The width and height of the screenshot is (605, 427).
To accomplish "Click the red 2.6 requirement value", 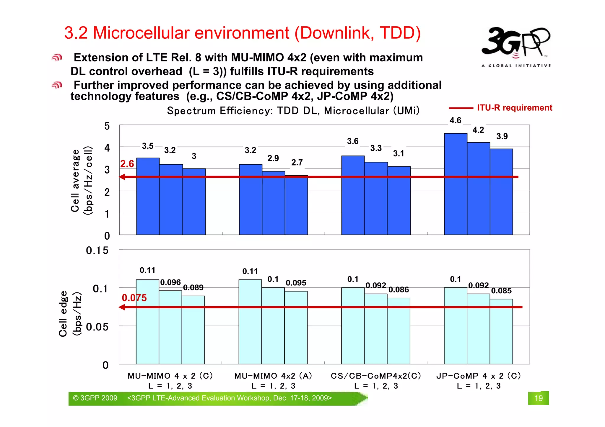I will pyautogui.click(x=127, y=164).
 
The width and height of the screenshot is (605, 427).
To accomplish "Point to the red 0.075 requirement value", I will pyautogui.click(x=134, y=298).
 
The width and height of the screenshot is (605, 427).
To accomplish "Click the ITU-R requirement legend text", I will pyautogui.click(x=514, y=108).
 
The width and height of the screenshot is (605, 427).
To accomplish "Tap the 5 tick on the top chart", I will pyautogui.click(x=107, y=126).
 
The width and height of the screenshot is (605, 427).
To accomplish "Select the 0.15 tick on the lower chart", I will pyautogui.click(x=97, y=251).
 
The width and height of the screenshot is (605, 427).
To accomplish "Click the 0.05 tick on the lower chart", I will pyautogui.click(x=97, y=327).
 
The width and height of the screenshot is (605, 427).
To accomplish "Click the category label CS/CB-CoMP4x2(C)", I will pyautogui.click(x=376, y=376).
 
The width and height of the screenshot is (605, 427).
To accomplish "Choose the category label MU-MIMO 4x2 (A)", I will pyautogui.click(x=273, y=376).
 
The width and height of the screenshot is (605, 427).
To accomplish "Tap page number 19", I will pyautogui.click(x=538, y=398).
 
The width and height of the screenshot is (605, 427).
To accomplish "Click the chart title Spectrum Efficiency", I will pyautogui.click(x=293, y=111).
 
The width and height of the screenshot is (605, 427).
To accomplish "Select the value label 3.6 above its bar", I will pyautogui.click(x=353, y=141).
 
